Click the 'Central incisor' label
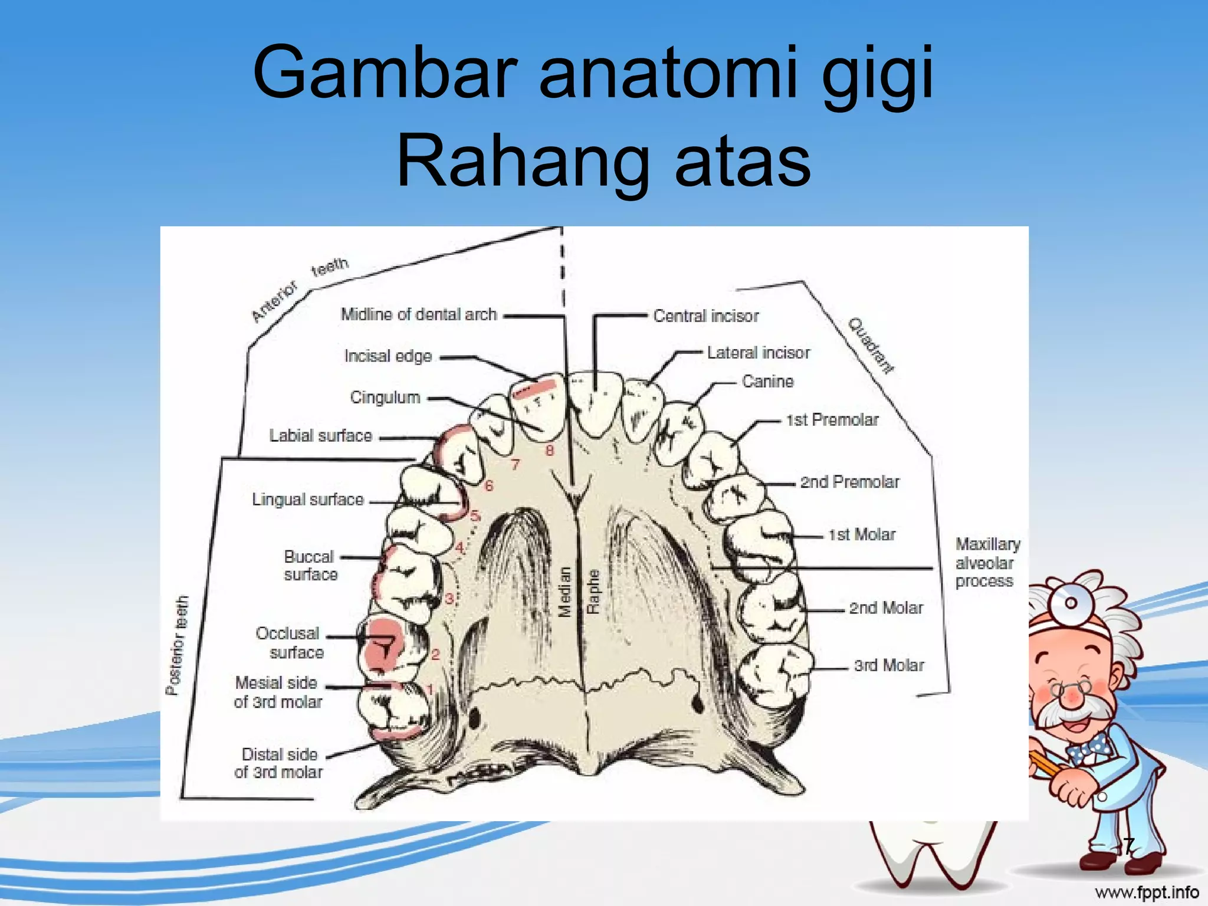(705, 316)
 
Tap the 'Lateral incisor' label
(759, 353)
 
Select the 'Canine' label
(767, 382)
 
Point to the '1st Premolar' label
(832, 420)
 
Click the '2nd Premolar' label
(849, 482)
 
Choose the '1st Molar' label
(862, 534)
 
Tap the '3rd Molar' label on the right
(889, 665)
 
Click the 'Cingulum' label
(385, 397)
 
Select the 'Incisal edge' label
(388, 356)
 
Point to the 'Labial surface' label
(320, 436)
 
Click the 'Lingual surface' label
(307, 500)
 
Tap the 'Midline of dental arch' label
(419, 314)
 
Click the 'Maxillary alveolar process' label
(987, 562)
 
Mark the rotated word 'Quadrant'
(871, 346)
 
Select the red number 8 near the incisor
(550, 451)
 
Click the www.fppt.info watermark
(1146, 892)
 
